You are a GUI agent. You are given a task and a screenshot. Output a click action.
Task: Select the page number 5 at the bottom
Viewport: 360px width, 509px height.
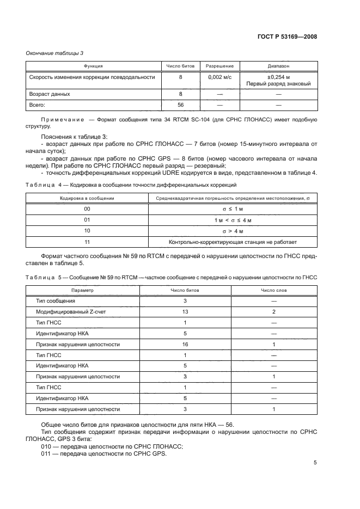coord(315,463)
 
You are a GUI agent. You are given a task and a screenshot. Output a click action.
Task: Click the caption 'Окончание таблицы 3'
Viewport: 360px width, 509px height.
coord(55,53)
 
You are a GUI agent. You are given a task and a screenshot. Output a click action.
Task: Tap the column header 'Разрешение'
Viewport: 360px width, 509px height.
coord(219,66)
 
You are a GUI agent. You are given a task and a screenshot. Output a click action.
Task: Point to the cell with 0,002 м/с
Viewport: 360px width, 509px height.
coord(219,77)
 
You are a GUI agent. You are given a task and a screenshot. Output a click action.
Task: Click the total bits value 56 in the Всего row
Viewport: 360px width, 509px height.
coord(180,104)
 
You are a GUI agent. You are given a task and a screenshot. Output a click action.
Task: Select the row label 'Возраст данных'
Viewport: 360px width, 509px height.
coord(49,94)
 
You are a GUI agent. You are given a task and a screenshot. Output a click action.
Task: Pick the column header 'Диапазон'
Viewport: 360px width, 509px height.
coord(278,66)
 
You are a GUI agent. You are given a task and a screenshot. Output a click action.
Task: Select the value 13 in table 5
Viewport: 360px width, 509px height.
coord(185,312)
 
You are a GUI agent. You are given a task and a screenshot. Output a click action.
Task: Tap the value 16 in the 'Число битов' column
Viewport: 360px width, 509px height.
coord(185,345)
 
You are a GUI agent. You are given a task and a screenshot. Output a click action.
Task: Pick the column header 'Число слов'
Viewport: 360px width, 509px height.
coord(274,290)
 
